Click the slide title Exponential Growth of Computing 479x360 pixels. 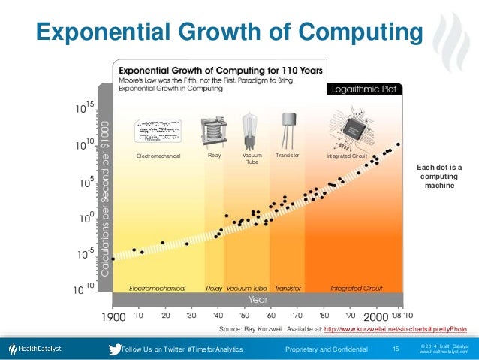226,32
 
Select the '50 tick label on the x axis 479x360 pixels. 245,316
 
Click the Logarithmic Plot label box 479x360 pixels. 367,89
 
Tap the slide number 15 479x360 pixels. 396,349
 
